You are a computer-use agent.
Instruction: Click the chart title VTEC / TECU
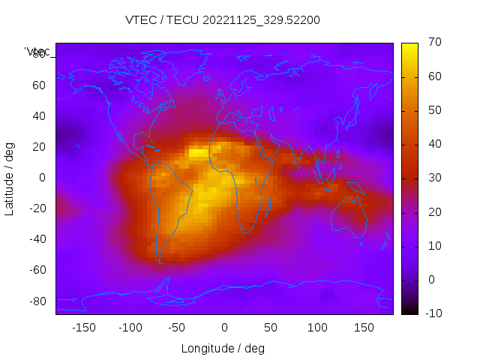tap(222, 20)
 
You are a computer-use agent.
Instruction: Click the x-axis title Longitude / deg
tap(223, 348)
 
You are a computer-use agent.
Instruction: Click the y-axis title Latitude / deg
tap(10, 177)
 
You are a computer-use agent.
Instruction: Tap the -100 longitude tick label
tap(130, 328)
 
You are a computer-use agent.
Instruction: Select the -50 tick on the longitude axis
tap(177, 328)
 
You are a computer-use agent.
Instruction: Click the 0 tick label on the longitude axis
tap(223, 328)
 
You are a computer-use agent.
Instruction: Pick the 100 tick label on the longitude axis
tap(317, 328)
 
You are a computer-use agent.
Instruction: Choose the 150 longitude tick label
tap(364, 328)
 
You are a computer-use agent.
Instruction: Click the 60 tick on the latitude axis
tap(39, 85)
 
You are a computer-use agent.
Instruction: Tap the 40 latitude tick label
tap(39, 115)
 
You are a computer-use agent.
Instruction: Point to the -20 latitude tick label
tap(37, 208)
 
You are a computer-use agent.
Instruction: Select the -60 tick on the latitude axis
tap(37, 270)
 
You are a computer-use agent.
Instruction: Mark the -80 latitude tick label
tap(37, 301)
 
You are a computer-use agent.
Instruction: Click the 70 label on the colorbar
tap(433, 43)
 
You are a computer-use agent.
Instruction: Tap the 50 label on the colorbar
tap(433, 110)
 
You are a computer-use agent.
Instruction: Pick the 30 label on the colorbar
tap(433, 178)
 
